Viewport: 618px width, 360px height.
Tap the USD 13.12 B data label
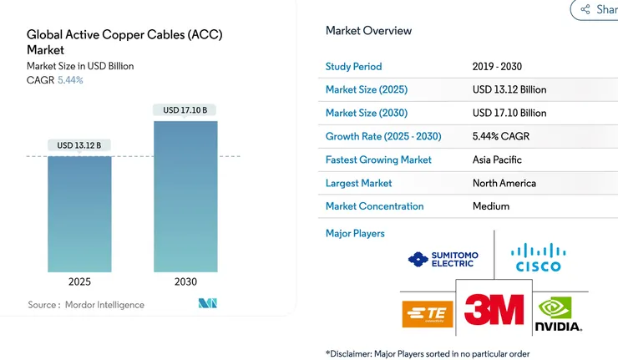[x=79, y=145]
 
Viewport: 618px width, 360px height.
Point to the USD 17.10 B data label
[x=185, y=110]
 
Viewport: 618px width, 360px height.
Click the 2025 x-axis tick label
[x=79, y=281]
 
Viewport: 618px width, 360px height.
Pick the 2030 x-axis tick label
[x=185, y=281]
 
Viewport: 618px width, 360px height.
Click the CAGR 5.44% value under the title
[x=70, y=80]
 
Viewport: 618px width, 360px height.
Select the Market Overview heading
[x=368, y=31]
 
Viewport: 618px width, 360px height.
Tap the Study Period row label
[x=353, y=67]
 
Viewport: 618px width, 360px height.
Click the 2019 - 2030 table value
[x=497, y=67]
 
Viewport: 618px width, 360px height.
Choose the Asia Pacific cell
[x=498, y=160]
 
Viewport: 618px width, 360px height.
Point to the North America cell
[x=504, y=183]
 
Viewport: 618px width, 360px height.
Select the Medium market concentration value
[x=491, y=206]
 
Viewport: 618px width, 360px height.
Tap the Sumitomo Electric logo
[x=442, y=259]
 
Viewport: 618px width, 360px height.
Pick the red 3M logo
[x=494, y=310]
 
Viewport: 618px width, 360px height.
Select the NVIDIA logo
[x=558, y=316]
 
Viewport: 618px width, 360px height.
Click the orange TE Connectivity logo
[x=427, y=315]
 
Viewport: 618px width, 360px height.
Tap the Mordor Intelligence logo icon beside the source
[x=208, y=303]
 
